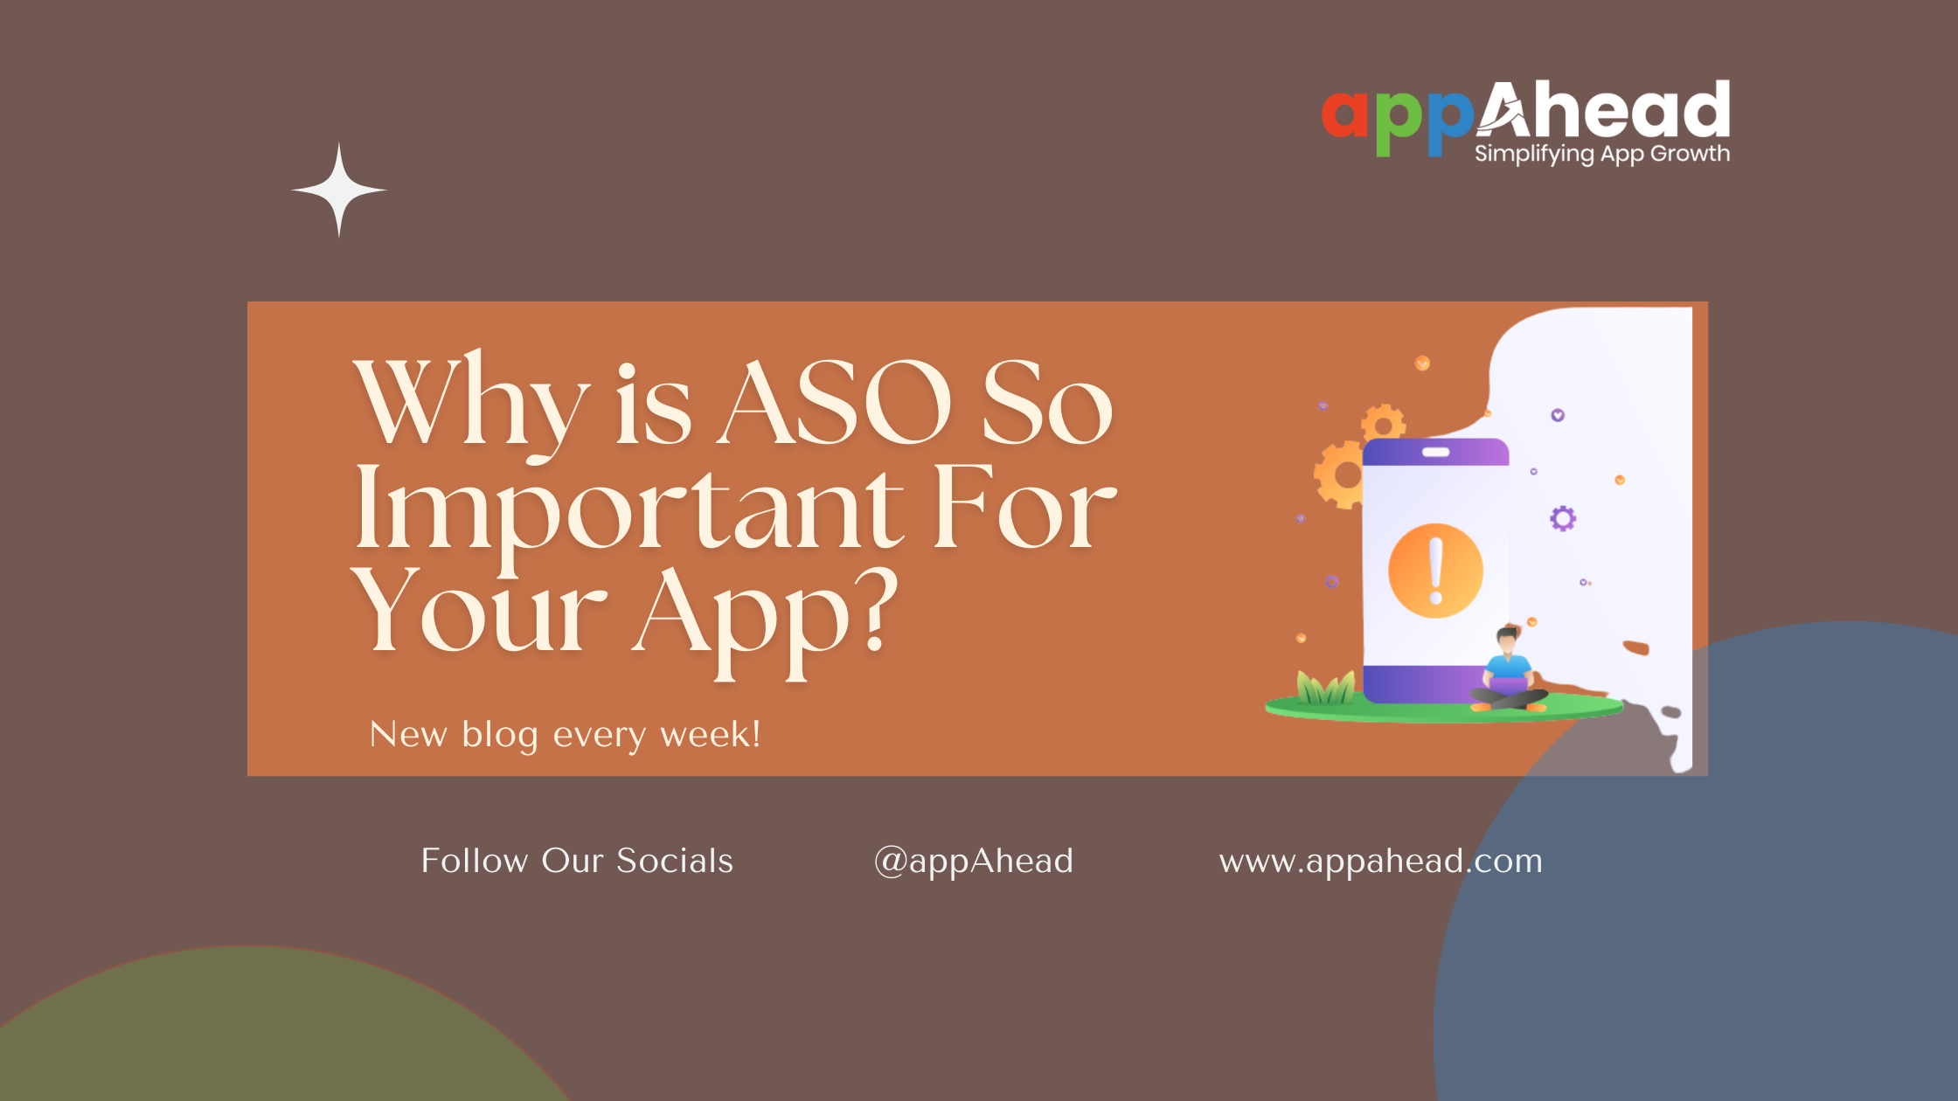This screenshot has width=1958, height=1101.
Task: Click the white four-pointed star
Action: click(339, 190)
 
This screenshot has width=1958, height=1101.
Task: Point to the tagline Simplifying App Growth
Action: click(1601, 154)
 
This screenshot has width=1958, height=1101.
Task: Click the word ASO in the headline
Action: click(835, 403)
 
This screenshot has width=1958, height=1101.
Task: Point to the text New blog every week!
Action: click(565, 734)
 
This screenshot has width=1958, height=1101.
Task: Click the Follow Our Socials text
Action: click(577, 861)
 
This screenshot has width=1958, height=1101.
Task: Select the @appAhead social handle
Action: click(974, 861)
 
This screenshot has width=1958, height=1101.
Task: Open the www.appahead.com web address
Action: click(1380, 861)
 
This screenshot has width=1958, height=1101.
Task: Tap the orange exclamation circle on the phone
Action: click(1435, 571)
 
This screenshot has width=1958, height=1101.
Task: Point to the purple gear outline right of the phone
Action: click(1563, 518)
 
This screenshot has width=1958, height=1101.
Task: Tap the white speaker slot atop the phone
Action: click(1435, 452)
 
